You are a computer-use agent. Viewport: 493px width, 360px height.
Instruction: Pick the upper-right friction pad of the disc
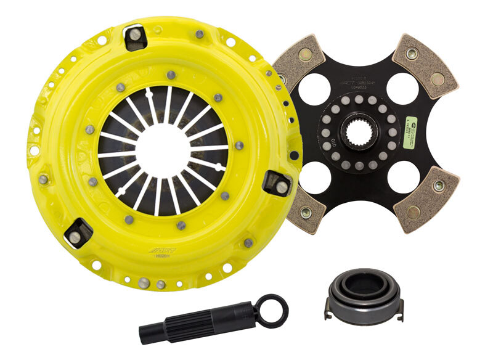[425, 64]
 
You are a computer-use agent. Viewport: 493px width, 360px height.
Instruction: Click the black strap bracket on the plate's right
[277, 183]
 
